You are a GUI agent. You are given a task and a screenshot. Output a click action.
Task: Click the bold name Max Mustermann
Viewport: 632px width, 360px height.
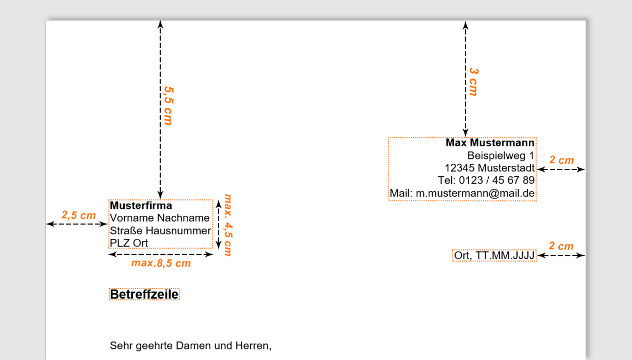(x=490, y=143)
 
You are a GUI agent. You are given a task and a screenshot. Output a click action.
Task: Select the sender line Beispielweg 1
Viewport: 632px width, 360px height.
(x=500, y=156)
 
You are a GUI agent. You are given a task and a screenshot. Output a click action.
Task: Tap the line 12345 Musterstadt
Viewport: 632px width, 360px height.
(x=489, y=168)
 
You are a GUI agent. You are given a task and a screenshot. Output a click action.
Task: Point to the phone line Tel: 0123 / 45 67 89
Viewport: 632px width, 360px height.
(x=486, y=181)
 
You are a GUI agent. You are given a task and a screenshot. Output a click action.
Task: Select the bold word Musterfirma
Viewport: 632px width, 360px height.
(x=141, y=206)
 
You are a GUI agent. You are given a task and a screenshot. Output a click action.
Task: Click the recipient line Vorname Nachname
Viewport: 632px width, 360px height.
(x=160, y=218)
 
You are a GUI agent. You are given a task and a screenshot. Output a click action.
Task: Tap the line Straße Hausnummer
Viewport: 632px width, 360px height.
(x=160, y=231)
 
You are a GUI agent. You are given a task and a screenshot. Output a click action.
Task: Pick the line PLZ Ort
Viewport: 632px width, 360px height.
(x=129, y=243)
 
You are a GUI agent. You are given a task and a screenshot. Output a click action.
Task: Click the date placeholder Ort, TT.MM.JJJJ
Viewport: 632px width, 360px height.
(x=495, y=256)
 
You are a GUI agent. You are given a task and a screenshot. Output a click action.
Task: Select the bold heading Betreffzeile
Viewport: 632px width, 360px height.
(x=144, y=294)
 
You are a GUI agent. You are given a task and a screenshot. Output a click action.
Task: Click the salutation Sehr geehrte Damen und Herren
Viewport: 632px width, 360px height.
(x=190, y=346)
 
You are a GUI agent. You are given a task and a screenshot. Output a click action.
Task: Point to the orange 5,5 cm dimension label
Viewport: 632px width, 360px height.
(x=168, y=106)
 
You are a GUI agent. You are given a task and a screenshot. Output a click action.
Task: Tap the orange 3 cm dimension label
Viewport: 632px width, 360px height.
(x=473, y=82)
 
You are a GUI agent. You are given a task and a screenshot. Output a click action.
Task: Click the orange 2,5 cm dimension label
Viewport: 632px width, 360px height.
(x=78, y=215)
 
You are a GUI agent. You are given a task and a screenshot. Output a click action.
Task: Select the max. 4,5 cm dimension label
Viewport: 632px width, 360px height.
(x=228, y=225)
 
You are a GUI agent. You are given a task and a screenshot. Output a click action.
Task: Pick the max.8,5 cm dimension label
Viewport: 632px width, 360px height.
(x=161, y=263)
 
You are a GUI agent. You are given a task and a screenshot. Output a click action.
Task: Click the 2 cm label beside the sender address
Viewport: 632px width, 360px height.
(x=561, y=160)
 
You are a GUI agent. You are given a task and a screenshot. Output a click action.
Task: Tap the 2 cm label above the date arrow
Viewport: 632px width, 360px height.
(x=561, y=246)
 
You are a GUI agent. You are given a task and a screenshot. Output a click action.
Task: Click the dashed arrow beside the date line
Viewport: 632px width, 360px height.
(x=561, y=256)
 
